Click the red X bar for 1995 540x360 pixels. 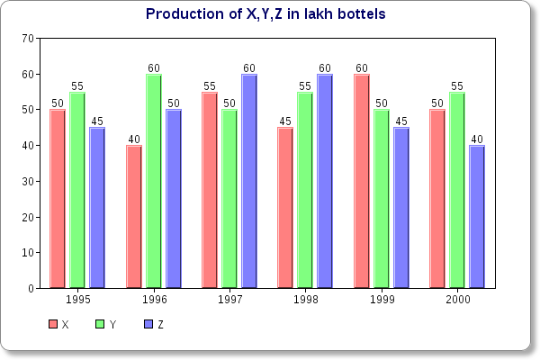pos(58,198)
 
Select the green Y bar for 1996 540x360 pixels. pos(153,180)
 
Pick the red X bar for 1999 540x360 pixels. pos(361,180)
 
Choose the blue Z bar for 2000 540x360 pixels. pos(476,216)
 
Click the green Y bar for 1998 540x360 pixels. pos(304,189)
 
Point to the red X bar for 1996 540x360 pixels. pos(133,216)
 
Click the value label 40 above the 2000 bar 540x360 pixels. pos(477,139)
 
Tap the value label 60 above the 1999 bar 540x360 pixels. pos(361,67)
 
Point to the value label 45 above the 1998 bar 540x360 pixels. pos(284,121)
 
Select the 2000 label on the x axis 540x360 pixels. pos(456,300)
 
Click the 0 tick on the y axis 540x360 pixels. pos(31,289)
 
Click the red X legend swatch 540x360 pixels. pos(53,324)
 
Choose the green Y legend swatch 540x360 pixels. pos(101,324)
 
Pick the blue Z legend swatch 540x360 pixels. pos(148,324)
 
